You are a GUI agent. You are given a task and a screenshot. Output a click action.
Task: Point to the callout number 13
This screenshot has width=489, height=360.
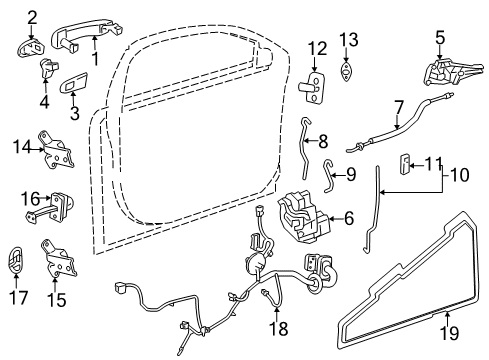tap(347, 39)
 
